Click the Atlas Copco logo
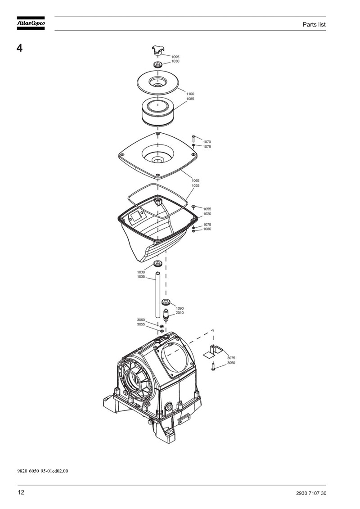tap(31, 23)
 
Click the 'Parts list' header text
tap(314, 25)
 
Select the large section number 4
tap(20, 48)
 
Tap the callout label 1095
tap(175, 57)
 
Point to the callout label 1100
tap(190, 94)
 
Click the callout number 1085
tap(190, 99)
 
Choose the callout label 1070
tap(207, 142)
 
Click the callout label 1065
tap(195, 180)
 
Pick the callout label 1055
tap(207, 209)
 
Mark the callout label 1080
tap(207, 229)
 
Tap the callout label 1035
tap(141, 277)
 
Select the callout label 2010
tap(180, 313)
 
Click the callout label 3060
tap(141, 320)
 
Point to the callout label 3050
tap(231, 363)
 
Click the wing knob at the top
tap(158, 51)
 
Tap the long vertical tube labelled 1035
tap(157, 295)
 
